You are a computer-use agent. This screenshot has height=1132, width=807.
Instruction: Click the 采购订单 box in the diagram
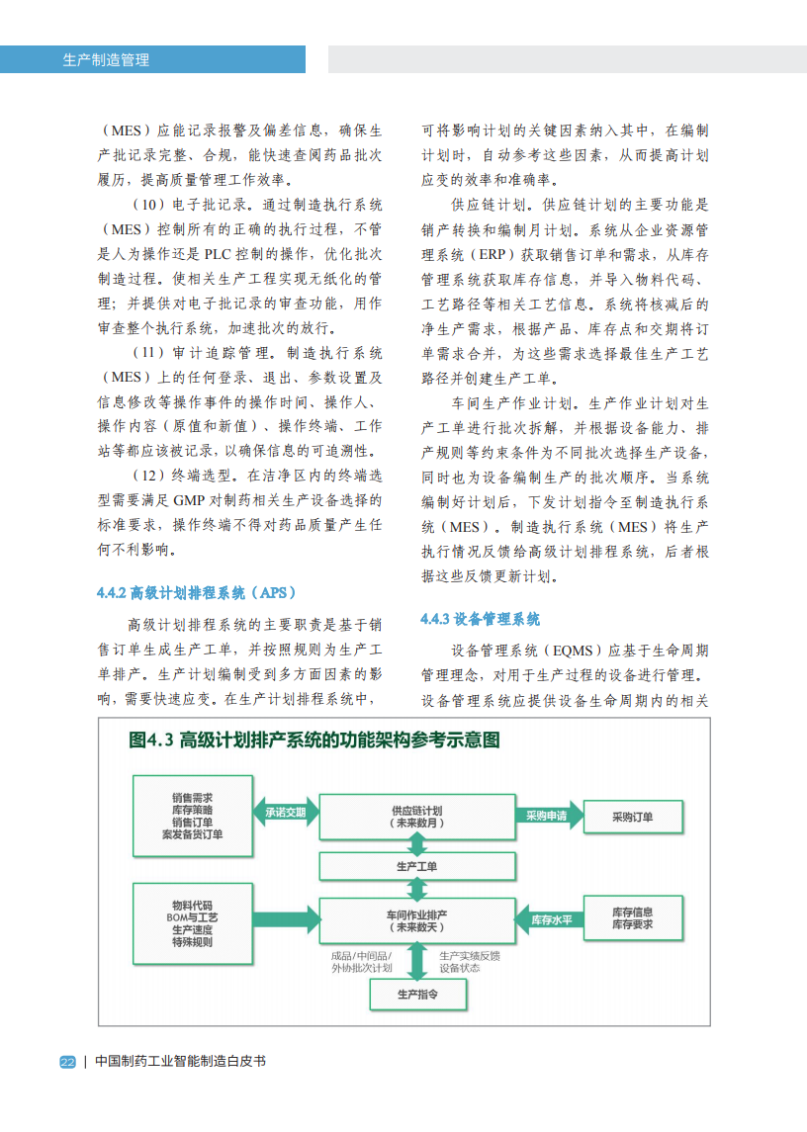click(x=633, y=817)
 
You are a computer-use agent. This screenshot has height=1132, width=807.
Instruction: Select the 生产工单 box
click(x=416, y=867)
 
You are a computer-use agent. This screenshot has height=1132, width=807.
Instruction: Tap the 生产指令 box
click(x=416, y=995)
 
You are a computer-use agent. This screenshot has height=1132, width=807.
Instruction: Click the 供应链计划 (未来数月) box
click(x=416, y=817)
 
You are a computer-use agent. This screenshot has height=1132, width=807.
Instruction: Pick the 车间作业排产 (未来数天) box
click(x=416, y=920)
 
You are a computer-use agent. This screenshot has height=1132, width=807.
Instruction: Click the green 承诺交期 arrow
click(x=286, y=814)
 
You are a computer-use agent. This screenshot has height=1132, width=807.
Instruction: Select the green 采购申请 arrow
click(x=547, y=817)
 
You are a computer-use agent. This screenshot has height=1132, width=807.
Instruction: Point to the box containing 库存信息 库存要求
click(x=633, y=918)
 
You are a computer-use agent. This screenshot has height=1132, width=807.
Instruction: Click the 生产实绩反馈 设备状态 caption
click(x=469, y=962)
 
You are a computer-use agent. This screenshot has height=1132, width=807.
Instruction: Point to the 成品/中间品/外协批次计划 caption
click(x=362, y=962)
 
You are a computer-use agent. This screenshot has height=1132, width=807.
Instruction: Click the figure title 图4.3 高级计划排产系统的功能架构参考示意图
click(x=314, y=740)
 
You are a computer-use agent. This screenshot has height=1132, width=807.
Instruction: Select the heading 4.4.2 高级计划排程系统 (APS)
click(x=197, y=593)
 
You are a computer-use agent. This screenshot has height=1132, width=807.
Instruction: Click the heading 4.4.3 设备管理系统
click(x=481, y=620)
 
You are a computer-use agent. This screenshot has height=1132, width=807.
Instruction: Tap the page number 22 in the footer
click(x=67, y=1062)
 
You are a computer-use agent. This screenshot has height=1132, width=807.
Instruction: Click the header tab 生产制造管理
click(x=106, y=59)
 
